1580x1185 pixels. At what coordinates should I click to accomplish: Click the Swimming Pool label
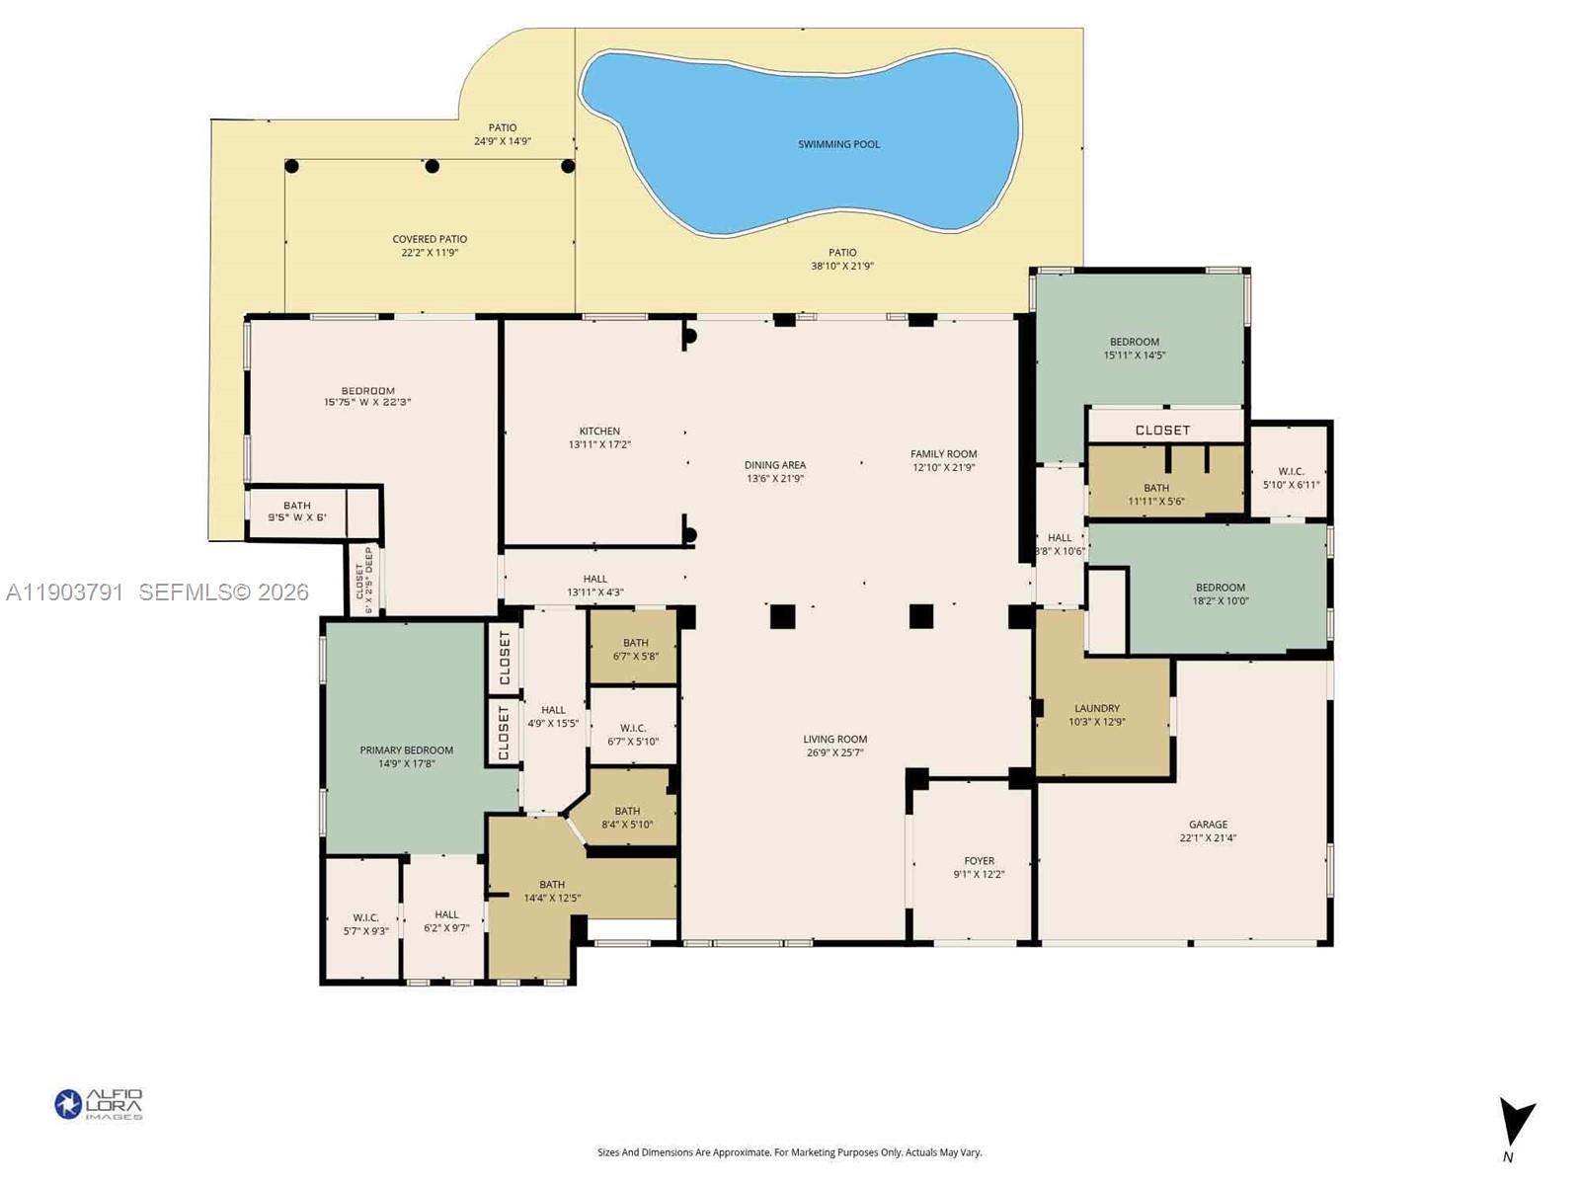[x=838, y=144]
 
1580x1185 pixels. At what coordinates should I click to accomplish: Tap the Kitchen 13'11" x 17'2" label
[x=599, y=437]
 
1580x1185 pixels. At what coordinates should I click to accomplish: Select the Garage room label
[x=1208, y=830]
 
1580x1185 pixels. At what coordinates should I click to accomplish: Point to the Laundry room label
[x=1097, y=714]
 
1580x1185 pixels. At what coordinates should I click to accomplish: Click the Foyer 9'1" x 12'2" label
[x=979, y=867]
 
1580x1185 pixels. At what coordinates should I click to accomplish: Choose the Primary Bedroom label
[x=407, y=756]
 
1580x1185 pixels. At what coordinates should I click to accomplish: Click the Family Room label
[x=943, y=460]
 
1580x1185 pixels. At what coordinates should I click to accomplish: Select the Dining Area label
[x=775, y=471]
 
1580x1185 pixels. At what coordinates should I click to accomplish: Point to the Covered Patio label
[x=430, y=245]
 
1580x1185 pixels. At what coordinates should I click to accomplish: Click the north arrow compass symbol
[x=1515, y=1126]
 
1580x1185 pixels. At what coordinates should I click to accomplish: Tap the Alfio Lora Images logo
[x=99, y=1104]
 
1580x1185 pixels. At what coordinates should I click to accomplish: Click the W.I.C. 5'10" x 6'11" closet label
[x=1291, y=478]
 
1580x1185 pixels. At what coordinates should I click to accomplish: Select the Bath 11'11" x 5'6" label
[x=1156, y=494]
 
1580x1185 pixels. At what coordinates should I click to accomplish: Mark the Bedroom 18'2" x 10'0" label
[x=1221, y=593]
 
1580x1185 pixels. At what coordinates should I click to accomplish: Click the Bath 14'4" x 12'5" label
[x=552, y=891]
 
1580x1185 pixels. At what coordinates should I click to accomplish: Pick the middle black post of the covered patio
[x=432, y=166]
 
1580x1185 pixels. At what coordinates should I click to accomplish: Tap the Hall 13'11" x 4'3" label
[x=594, y=586]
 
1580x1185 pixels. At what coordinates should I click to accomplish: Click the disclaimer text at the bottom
[x=789, y=1152]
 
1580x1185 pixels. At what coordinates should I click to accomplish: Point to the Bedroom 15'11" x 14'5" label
[x=1135, y=348]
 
